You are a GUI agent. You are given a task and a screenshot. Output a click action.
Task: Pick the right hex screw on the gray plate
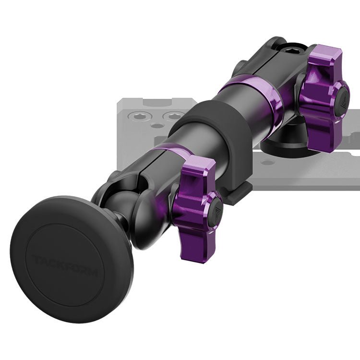173,116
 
